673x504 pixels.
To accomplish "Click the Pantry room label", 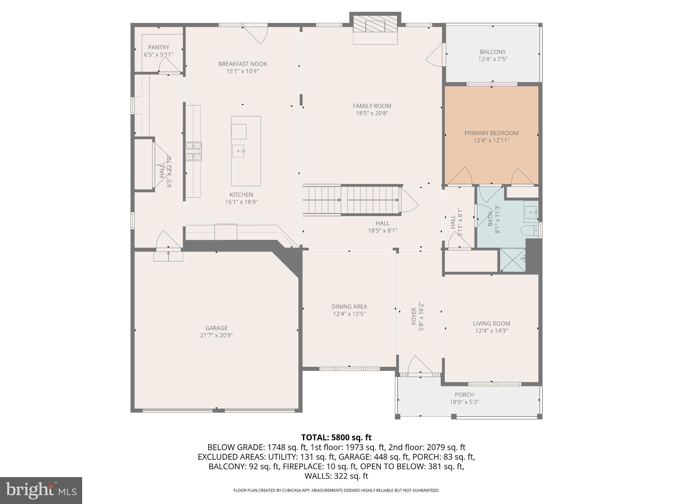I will coord(158,47).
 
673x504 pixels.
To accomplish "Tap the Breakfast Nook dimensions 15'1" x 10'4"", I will coord(243,71).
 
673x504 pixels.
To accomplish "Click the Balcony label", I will coord(492,52).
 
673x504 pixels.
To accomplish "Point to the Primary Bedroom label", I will coord(491,133).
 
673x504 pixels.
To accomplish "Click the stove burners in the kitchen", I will coord(194,151).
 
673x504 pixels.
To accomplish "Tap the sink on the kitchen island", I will coord(238,151).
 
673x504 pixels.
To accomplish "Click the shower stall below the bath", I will coord(512,260).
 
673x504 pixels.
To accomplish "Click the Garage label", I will coord(216,328).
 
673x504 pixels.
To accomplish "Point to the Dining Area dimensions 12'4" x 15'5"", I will coord(349,314).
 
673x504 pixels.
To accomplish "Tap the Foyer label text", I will coord(414,316).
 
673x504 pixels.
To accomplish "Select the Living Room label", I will coord(491,324).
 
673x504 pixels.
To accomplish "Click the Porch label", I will coord(464,395).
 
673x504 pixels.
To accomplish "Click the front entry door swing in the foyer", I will coord(417,365).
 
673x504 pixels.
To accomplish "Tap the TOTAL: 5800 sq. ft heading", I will coord(336,437).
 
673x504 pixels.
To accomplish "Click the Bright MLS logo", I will coord(41,491).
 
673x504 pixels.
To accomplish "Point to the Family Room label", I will coord(372,106).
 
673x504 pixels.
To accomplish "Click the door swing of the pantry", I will coord(168,66).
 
